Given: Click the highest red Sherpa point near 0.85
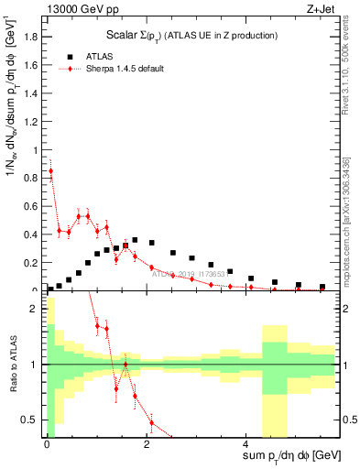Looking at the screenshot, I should (51, 170).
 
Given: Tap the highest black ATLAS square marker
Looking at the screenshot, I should (135, 240).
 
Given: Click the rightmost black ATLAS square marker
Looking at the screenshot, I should (322, 287).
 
